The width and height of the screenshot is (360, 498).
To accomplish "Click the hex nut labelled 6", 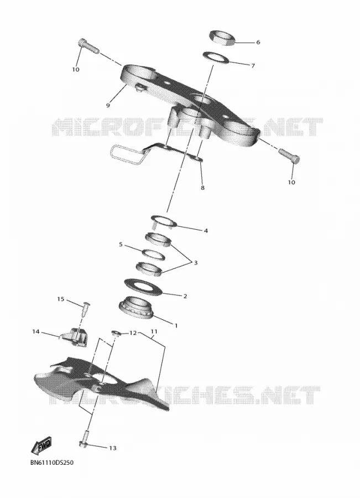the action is tap(222, 38).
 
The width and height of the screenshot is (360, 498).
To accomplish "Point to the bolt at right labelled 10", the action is tap(289, 155).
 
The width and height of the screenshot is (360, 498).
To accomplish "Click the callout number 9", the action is tap(108, 105).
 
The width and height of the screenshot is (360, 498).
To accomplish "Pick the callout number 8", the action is tap(202, 188).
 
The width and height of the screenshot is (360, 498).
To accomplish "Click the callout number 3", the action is tap(196, 263).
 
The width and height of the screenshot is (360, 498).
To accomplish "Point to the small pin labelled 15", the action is tap(86, 309).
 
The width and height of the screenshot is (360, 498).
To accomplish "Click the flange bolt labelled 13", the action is tap(85, 440).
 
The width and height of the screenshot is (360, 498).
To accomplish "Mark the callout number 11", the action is tap(154, 331).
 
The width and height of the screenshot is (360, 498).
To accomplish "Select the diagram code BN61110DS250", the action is tap(52, 463).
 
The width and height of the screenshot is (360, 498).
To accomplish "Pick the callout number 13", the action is tap(113, 448).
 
